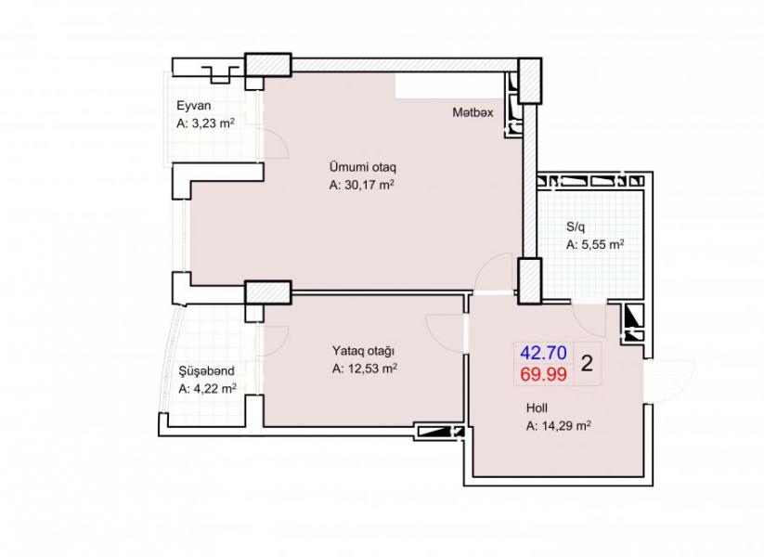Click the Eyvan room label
193,106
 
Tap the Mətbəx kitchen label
473,112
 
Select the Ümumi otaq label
363,167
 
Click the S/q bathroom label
576,227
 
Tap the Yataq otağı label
364,351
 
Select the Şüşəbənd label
207,370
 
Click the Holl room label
537,408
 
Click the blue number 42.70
543,353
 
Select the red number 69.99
543,375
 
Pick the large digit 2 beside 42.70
587,364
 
